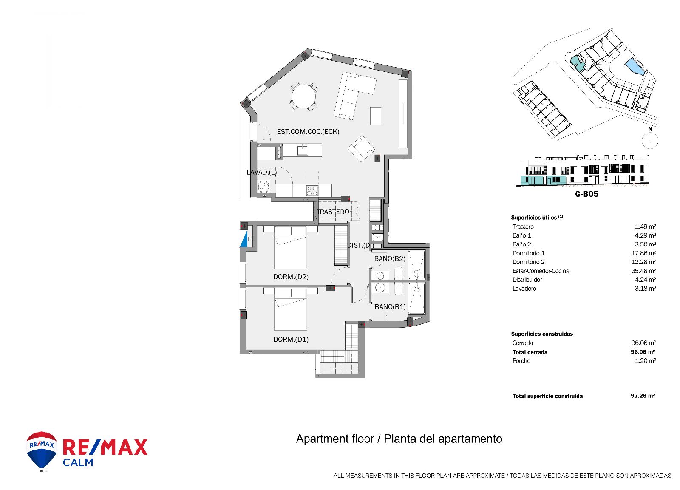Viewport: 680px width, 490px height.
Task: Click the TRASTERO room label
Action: pos(333,212)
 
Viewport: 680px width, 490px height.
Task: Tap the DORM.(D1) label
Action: pos(291,340)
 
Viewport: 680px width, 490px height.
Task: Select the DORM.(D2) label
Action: pos(291,277)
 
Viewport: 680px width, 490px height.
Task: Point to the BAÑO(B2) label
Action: pos(390,259)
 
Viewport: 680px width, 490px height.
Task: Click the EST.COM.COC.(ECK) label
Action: pos(308,131)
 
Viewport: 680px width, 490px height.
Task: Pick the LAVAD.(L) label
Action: pos(262,172)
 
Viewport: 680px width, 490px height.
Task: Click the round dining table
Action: pos(303,96)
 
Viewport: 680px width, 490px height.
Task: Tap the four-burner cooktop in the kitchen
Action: pos(312,191)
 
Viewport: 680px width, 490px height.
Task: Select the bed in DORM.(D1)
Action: pos(291,309)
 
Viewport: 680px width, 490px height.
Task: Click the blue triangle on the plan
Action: pos(244,240)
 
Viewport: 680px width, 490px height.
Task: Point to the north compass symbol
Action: pos(650,139)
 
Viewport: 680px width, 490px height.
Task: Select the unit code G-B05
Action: pos(586,194)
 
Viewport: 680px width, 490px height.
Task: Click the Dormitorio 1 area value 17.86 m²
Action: pos(645,253)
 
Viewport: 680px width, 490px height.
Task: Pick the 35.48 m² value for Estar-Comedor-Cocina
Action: pos(645,271)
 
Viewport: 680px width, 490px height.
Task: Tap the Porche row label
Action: pos(521,361)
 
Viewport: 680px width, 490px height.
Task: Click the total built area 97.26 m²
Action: pos(643,396)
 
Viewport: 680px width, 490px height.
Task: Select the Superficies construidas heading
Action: pos(542,334)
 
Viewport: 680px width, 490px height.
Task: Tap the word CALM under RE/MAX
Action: pos(78,462)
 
